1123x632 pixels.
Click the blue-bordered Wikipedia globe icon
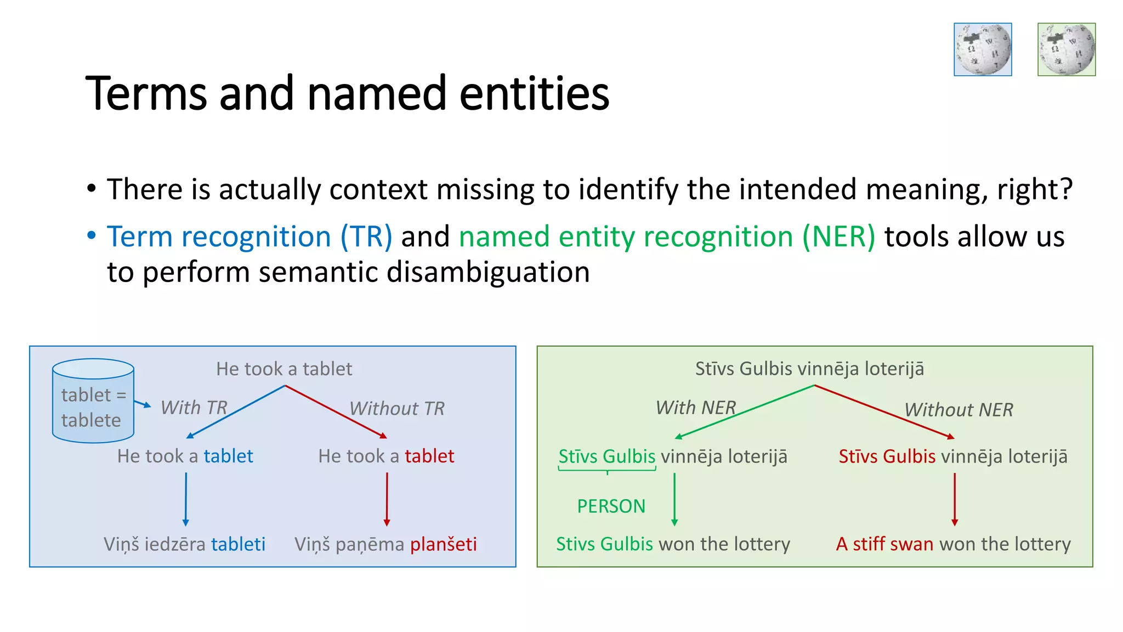point(983,49)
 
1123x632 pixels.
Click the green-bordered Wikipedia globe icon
point(1067,49)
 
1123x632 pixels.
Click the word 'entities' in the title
point(534,93)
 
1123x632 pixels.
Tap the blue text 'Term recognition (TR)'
point(249,237)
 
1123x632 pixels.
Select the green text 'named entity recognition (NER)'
point(667,237)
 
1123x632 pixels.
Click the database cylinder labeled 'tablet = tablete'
point(93,401)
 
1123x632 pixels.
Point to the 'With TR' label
point(194,408)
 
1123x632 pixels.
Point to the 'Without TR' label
point(397,409)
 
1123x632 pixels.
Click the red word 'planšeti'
point(443,544)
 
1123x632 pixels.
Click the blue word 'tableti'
point(238,544)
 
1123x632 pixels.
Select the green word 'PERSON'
point(611,506)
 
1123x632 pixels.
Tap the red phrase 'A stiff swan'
point(884,544)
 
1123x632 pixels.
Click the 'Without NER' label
point(958,410)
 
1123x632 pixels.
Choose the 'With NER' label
point(696,408)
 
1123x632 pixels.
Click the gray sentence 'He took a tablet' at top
point(284,369)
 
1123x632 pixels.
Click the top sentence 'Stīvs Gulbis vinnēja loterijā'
point(809,369)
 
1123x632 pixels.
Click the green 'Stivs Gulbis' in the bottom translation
point(604,544)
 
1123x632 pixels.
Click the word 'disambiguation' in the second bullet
point(487,272)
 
